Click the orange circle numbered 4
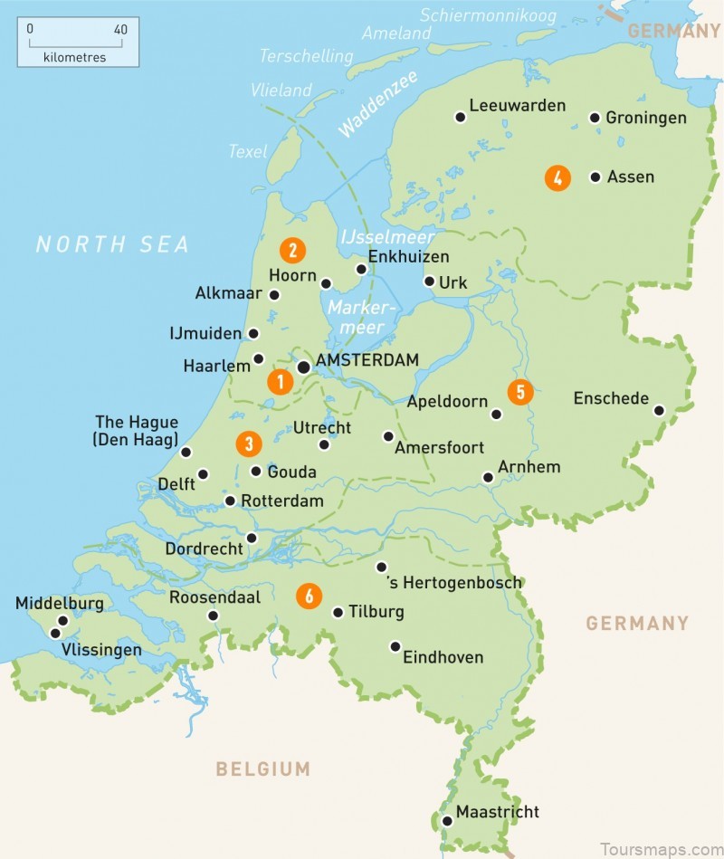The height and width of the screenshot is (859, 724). (557, 178)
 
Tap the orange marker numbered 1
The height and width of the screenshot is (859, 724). (280, 383)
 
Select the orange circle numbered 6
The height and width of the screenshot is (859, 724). (310, 596)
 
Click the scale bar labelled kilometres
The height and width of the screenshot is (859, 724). (78, 43)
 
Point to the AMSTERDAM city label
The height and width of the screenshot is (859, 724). (367, 360)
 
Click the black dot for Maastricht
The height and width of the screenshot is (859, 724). (447, 821)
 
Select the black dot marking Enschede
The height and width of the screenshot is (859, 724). (659, 411)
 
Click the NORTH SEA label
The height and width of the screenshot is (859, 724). (113, 244)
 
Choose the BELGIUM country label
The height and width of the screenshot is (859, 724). (262, 769)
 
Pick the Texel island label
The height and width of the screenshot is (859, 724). (248, 151)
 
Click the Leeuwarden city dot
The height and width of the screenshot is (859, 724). (461, 117)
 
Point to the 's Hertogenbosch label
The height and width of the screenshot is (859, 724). (453, 583)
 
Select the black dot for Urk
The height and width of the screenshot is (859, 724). (429, 282)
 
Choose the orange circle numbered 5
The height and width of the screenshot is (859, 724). (519, 392)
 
